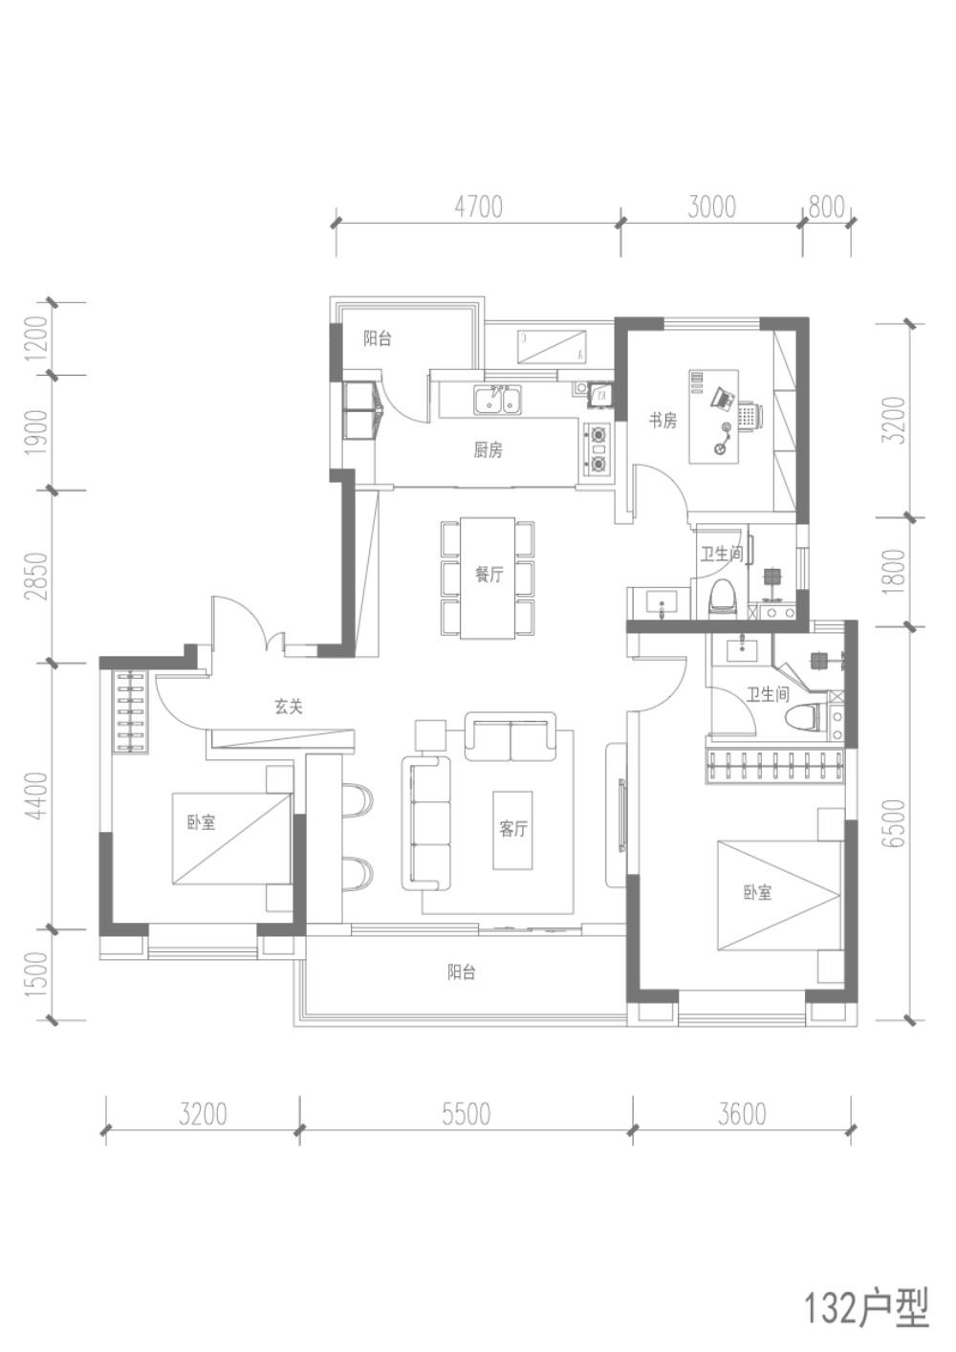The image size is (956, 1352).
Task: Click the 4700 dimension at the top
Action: coord(478,207)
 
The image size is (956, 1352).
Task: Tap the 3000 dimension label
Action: coord(711,207)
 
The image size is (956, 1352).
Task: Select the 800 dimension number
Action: coord(826,207)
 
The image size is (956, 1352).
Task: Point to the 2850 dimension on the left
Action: coord(37,576)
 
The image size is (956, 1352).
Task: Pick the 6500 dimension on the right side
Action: coord(898,823)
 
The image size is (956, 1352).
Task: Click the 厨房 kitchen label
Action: coord(488,450)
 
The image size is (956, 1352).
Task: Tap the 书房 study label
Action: coord(663,420)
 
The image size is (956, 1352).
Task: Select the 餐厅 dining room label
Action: coord(489,574)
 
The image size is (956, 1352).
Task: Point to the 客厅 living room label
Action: coord(513,829)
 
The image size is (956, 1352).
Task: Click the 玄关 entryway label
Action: coord(289,707)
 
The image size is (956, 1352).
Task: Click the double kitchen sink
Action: coord(499,400)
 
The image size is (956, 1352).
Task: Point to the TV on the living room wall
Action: coord(621,817)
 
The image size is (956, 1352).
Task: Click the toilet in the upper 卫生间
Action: coord(723,598)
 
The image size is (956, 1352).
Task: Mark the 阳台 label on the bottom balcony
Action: coord(462,971)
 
